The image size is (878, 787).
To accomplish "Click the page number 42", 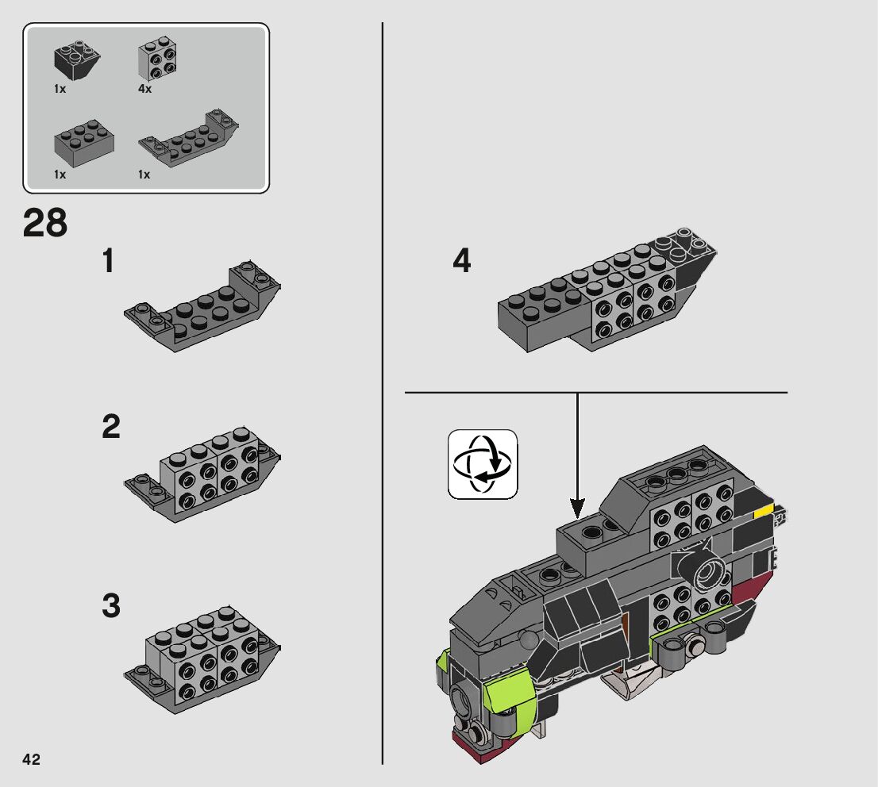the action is [x=32, y=759].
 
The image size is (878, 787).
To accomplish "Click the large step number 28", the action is [x=45, y=223].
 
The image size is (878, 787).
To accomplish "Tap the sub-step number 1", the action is [x=109, y=261].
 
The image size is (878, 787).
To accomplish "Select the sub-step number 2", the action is [x=111, y=427].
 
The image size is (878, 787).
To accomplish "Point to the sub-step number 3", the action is [x=111, y=605].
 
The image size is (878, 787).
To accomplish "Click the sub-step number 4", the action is [x=462, y=261].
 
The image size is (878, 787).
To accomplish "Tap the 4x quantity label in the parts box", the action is [x=144, y=88].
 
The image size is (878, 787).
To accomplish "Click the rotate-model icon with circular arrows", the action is [x=482, y=464].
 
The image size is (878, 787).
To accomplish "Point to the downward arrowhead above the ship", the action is [x=577, y=508].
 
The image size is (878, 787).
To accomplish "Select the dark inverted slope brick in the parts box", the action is [x=77, y=60].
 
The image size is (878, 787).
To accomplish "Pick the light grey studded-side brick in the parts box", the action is [x=157, y=59].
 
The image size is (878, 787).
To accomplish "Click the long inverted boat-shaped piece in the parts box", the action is [x=188, y=138].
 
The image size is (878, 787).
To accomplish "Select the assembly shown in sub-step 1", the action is [x=202, y=306].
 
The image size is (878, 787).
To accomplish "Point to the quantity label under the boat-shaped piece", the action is [x=144, y=175].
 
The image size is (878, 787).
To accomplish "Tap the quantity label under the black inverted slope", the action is [x=60, y=88].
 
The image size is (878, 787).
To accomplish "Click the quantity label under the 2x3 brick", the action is [x=60, y=175].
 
